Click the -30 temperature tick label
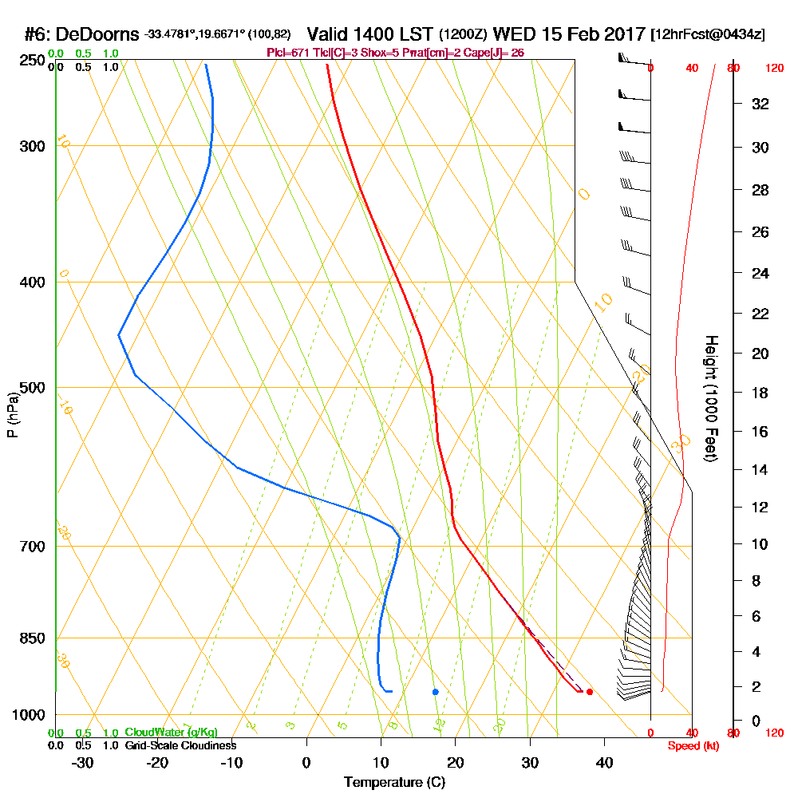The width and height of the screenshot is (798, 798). [83, 762]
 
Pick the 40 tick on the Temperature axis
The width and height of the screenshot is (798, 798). [604, 762]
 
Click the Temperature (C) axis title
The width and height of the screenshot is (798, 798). [394, 783]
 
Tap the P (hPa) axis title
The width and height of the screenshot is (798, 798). [12, 414]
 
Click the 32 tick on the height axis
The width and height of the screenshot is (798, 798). [760, 104]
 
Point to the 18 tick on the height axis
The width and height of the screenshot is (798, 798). [760, 393]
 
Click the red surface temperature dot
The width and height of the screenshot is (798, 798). [589, 692]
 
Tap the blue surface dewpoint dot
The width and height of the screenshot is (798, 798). [435, 692]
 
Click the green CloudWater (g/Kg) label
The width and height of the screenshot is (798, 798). [171, 733]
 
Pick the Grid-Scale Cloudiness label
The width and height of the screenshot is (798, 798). [180, 745]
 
